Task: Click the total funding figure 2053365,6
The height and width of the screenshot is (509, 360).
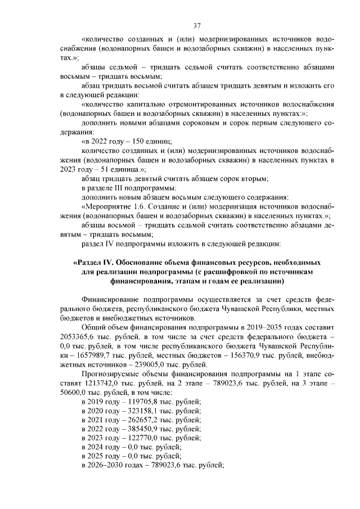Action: click(79, 336)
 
